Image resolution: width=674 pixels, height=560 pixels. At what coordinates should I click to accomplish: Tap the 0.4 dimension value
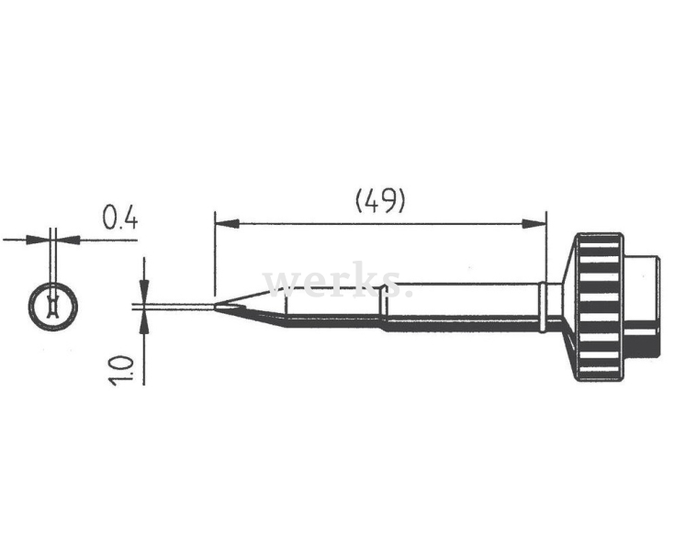click(x=120, y=218)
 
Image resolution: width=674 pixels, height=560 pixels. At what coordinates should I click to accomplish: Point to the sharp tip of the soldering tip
click(x=216, y=308)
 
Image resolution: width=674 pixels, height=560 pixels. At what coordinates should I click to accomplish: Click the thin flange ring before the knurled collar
click(x=545, y=308)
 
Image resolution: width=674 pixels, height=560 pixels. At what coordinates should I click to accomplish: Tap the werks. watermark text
click(x=337, y=281)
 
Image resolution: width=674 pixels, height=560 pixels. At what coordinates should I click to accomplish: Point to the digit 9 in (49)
click(x=390, y=200)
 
